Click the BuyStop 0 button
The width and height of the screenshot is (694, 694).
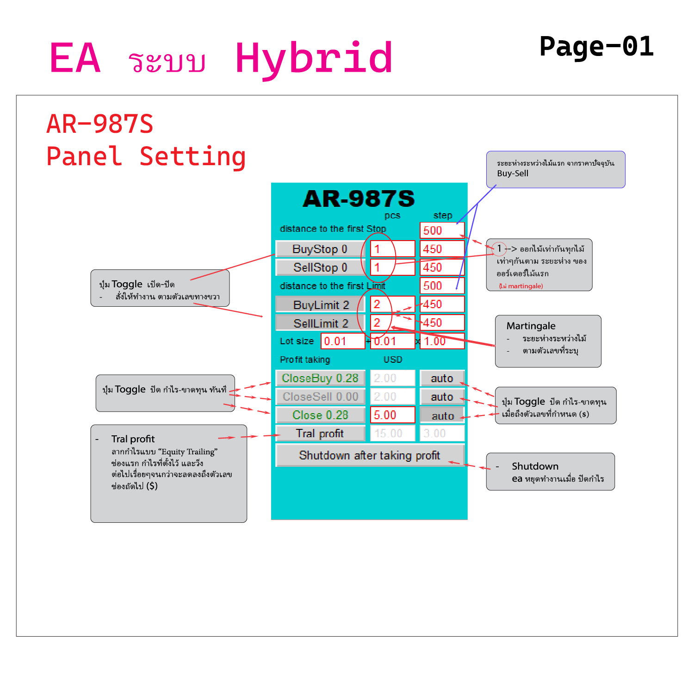(x=320, y=249)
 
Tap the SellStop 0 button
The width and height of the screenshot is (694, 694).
(x=320, y=267)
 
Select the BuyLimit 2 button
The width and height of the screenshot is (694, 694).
(x=320, y=304)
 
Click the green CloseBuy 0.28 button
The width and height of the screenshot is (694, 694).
(x=320, y=378)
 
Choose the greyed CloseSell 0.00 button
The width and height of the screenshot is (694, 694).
(x=320, y=397)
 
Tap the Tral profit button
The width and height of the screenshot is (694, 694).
(x=320, y=434)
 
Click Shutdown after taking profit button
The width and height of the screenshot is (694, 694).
(x=370, y=456)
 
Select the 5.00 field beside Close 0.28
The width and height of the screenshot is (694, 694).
(x=392, y=415)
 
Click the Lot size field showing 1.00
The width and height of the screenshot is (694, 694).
(x=442, y=341)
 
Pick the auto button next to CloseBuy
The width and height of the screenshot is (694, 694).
(x=442, y=378)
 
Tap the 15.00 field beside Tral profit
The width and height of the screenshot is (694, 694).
(x=392, y=434)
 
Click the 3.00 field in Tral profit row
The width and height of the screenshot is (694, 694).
(x=442, y=434)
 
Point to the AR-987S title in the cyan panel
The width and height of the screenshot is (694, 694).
(x=359, y=199)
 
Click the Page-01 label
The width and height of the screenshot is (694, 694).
(x=596, y=47)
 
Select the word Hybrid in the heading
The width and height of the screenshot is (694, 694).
(x=314, y=58)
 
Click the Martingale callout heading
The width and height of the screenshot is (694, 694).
(x=531, y=326)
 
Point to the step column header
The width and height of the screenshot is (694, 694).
(x=443, y=215)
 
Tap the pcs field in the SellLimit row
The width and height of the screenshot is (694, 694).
(x=392, y=322)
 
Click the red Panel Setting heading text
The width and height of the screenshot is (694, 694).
(x=146, y=156)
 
